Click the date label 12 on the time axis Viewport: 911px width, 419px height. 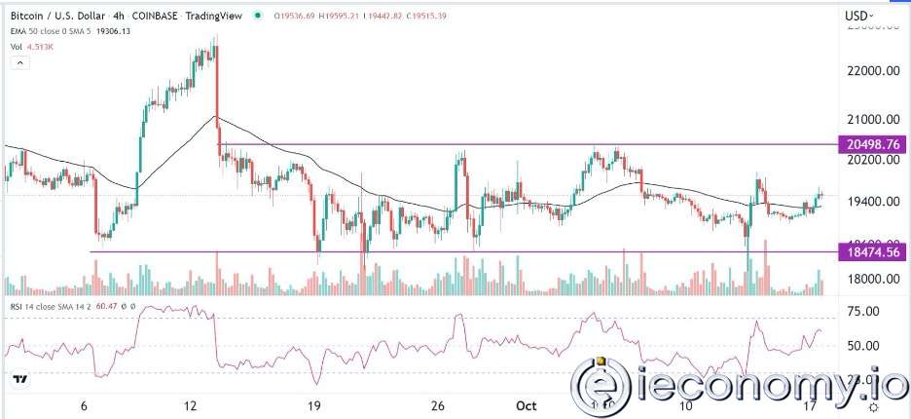point(192,403)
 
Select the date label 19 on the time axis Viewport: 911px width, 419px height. point(313,403)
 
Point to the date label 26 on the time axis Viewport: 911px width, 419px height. point(437,403)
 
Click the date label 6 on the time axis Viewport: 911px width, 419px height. point(85,403)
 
